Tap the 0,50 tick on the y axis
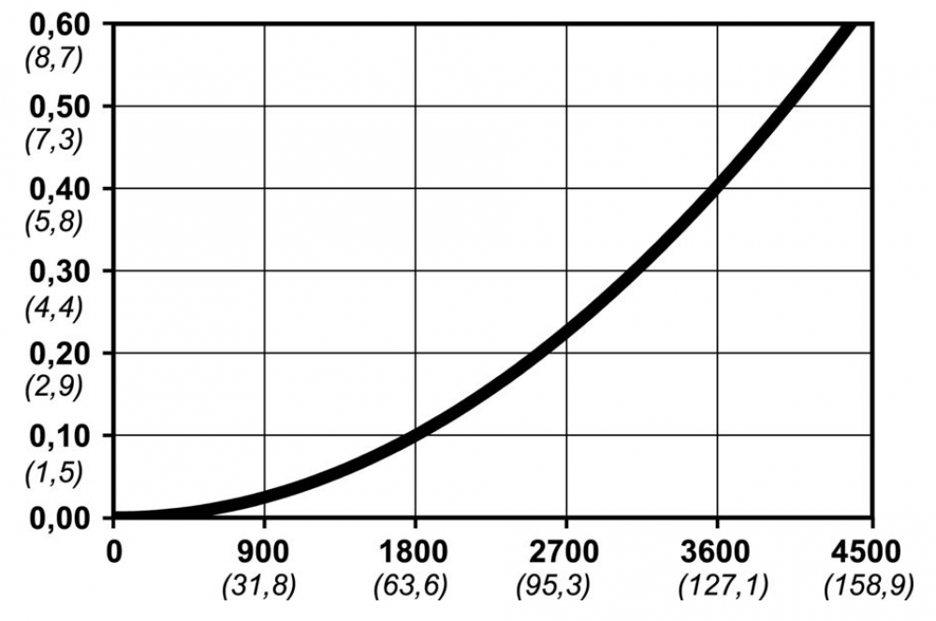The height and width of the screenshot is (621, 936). (x=55, y=107)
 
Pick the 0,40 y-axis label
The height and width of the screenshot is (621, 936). (x=55, y=189)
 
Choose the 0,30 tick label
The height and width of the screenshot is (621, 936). (x=55, y=271)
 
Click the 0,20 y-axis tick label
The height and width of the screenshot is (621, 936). (x=55, y=354)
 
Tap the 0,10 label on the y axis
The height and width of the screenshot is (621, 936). (x=55, y=436)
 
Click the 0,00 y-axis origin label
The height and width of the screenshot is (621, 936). (x=55, y=518)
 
